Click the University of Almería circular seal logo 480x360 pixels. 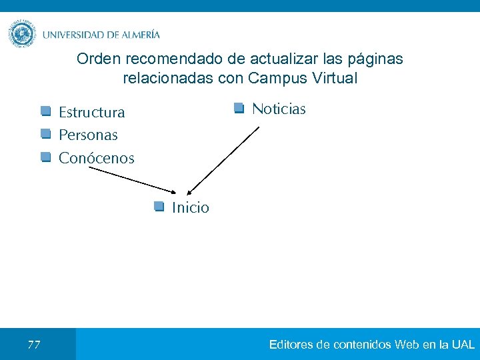[22, 33]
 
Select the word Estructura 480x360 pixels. [91, 112]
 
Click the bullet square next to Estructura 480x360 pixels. [45, 111]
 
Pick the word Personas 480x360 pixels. [88, 135]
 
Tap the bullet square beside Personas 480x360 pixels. [45, 134]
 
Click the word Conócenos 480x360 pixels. [96, 159]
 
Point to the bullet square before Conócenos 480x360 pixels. [45, 157]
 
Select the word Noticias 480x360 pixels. [279, 109]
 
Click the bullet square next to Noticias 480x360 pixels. [239, 108]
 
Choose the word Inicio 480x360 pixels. [190, 207]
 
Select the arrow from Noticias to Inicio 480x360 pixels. [223, 160]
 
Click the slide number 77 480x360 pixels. [34, 345]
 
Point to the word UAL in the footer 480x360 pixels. [463, 345]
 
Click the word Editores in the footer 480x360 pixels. [291, 345]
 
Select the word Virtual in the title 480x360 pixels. [335, 78]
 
